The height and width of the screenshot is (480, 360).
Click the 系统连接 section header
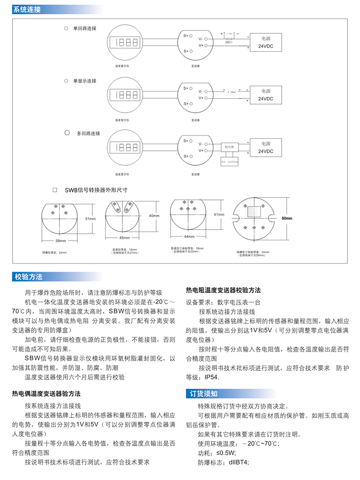(26, 9)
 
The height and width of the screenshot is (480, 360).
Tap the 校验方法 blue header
(29, 276)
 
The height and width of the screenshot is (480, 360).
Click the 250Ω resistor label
(228, 42)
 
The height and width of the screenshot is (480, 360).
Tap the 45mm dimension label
(125, 237)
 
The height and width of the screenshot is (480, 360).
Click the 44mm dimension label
(188, 236)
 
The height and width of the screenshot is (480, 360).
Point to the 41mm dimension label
(219, 215)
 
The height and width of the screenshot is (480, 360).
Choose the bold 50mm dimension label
(287, 218)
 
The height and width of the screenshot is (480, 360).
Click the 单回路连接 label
(85, 28)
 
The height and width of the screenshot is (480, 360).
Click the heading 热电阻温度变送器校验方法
(223, 290)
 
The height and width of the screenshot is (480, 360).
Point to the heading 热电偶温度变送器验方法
(46, 393)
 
